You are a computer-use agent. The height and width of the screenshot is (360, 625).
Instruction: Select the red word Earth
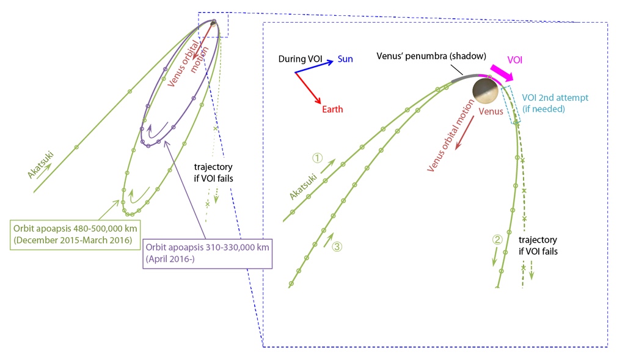coord(332,109)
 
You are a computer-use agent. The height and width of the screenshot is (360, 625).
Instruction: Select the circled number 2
coord(497,240)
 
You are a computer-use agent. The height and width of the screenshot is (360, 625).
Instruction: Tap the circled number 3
coord(337,247)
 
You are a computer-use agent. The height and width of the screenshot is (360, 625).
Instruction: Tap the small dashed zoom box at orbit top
coord(213,24)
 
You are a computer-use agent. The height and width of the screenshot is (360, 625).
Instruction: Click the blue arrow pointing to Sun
coord(314,66)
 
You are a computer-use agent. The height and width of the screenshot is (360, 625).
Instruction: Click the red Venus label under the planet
coord(491,111)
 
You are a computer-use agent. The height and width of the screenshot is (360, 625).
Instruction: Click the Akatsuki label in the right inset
coord(304,183)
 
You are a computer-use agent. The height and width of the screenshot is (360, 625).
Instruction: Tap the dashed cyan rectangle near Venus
coord(509,105)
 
